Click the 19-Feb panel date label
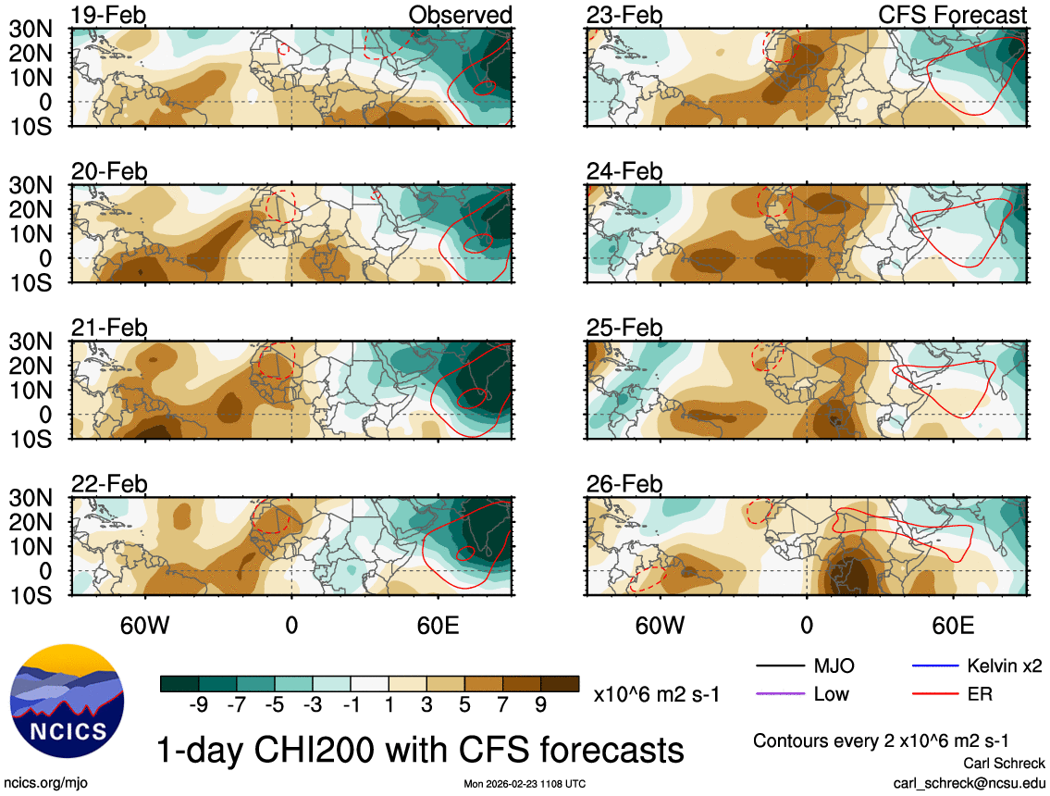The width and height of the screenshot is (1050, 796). click(x=110, y=15)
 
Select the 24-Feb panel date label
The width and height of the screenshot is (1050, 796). click(x=624, y=171)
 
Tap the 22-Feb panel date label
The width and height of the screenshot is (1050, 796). click(x=110, y=484)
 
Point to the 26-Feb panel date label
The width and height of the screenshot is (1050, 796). click(x=624, y=484)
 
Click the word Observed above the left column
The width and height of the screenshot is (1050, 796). click(x=460, y=15)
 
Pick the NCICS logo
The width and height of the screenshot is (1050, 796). click(x=66, y=698)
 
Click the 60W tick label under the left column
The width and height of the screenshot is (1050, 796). click(x=145, y=624)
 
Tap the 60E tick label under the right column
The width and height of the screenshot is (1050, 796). click(x=952, y=624)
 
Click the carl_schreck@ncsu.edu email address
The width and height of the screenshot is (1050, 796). click(x=969, y=783)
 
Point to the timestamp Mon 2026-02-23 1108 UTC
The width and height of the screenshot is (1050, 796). click(x=525, y=784)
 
